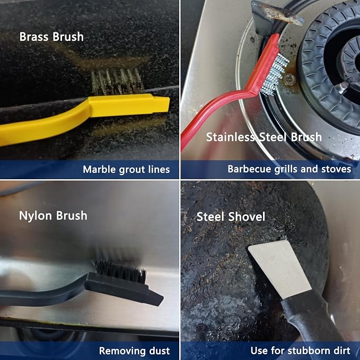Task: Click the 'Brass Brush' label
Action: tap(51, 37)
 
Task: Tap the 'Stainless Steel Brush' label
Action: tap(264, 137)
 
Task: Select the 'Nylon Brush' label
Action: tap(53, 216)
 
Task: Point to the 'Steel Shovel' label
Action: tap(231, 217)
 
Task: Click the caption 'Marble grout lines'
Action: tap(126, 170)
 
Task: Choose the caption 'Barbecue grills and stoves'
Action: tap(289, 169)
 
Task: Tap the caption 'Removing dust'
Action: tap(134, 351)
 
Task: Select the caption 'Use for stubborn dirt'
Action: tap(300, 350)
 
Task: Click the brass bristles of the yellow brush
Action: tap(118, 82)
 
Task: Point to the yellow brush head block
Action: tap(128, 105)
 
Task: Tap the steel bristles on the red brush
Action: tap(276, 75)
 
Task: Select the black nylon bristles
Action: tap(121, 271)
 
